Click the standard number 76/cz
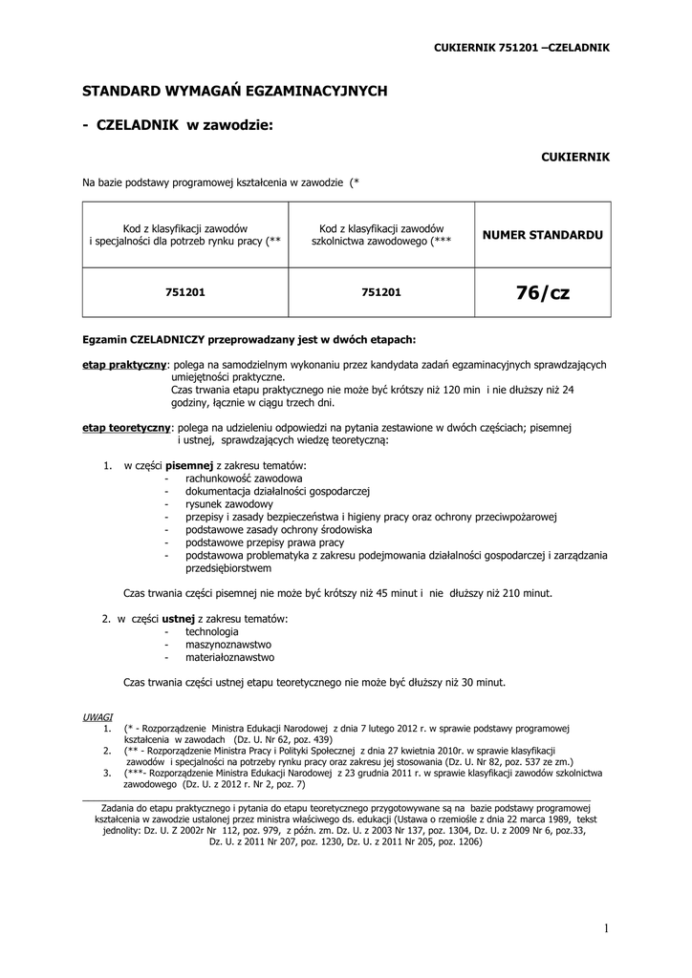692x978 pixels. (542, 292)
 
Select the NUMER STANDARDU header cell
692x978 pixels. (542, 234)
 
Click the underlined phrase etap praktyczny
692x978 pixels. (124, 365)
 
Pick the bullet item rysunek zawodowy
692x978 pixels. (229, 503)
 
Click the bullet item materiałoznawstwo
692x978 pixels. (230, 657)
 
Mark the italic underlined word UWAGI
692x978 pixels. (97, 715)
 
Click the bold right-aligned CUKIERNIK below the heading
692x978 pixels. (575, 155)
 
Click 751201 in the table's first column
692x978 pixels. (185, 292)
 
